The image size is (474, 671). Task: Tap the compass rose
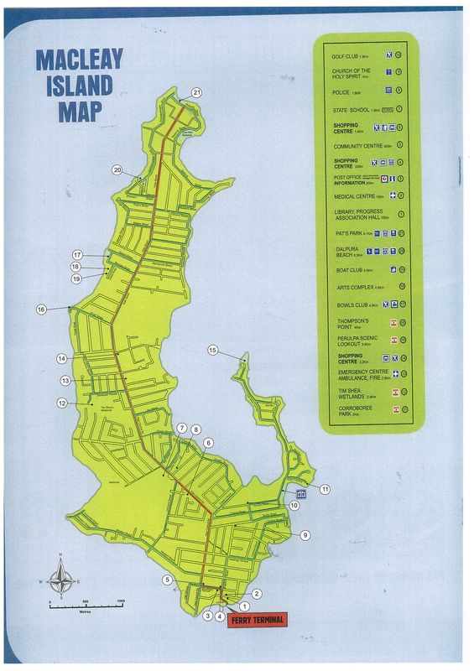pyautogui.click(x=60, y=576)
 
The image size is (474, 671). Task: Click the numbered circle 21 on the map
pyautogui.click(x=197, y=92)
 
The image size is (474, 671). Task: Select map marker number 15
pyautogui.click(x=212, y=350)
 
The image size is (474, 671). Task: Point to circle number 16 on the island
pyautogui.click(x=40, y=309)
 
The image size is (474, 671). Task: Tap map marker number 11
pyautogui.click(x=325, y=488)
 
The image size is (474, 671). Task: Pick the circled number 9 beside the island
pyautogui.click(x=305, y=534)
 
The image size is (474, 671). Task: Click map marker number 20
pyautogui.click(x=117, y=170)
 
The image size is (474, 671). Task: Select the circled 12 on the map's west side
pyautogui.click(x=61, y=403)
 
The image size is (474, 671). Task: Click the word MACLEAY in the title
pyautogui.click(x=80, y=60)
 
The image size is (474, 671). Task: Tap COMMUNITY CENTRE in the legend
pyautogui.click(x=357, y=145)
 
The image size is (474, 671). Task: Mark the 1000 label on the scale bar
pyautogui.click(x=121, y=601)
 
